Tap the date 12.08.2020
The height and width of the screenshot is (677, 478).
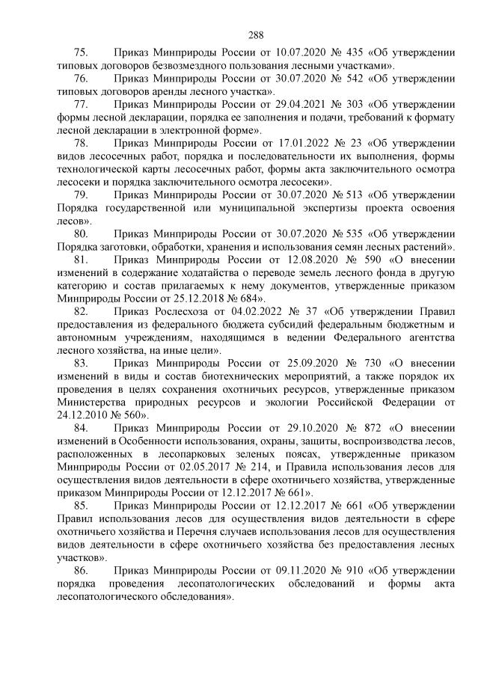tap(287, 260)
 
